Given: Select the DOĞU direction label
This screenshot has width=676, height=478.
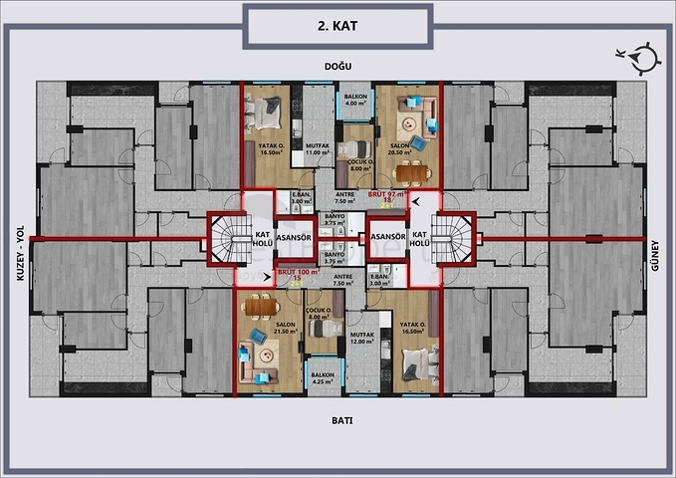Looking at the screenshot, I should (x=338, y=66).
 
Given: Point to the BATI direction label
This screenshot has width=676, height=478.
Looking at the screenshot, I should (x=338, y=419).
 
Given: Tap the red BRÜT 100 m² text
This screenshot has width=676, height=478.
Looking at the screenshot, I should (x=297, y=272).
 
